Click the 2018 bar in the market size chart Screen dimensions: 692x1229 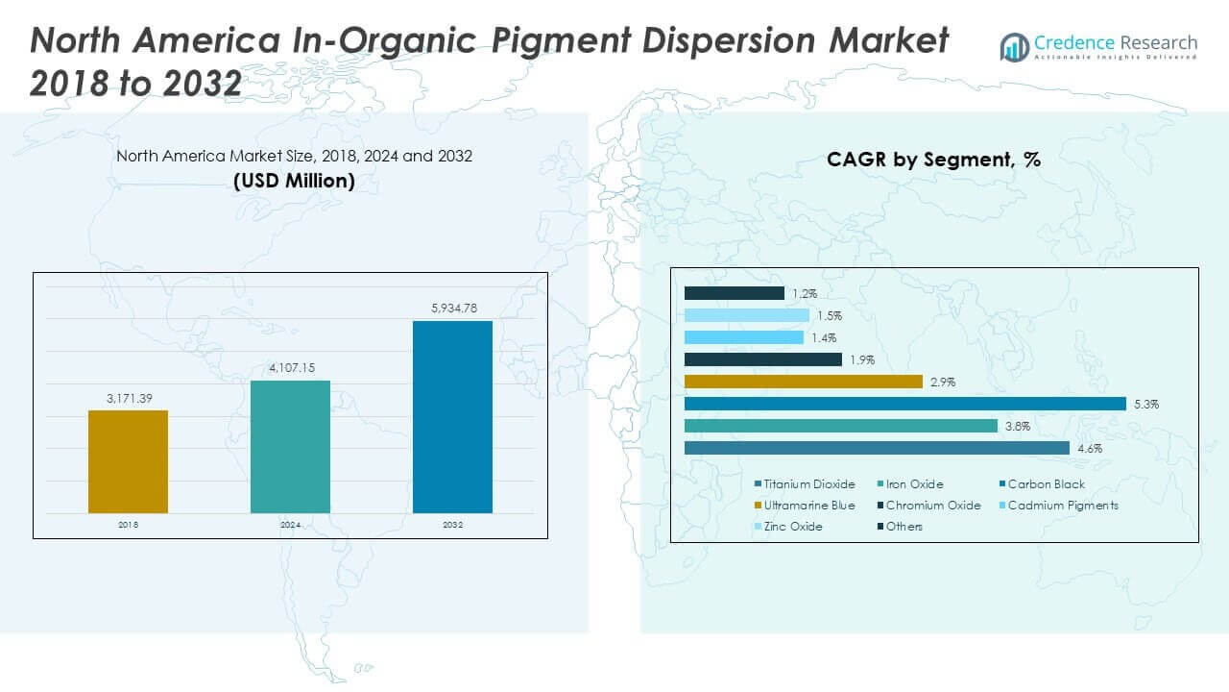coord(128,461)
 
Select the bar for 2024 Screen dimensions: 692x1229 coord(290,447)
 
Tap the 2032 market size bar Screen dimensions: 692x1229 coord(452,416)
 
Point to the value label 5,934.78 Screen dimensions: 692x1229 coord(452,309)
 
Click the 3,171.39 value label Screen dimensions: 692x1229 coord(128,398)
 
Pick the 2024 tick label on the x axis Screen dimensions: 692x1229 coord(290,525)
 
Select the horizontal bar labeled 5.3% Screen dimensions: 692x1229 coord(904,404)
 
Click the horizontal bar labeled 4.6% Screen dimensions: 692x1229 coord(877,448)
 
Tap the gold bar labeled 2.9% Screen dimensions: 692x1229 coord(803,382)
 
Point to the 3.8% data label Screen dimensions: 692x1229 coord(1018,426)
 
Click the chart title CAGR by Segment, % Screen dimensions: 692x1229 coord(933,161)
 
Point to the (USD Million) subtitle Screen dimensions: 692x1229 coord(294,180)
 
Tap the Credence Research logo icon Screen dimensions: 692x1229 coord(1015,46)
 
